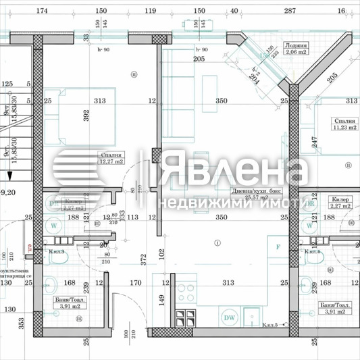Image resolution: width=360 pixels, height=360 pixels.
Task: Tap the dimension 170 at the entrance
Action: click(x=136, y=284)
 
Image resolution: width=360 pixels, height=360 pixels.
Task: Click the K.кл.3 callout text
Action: click(x=57, y=252)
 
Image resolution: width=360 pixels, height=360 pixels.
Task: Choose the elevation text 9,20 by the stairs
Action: click(x=9, y=192)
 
